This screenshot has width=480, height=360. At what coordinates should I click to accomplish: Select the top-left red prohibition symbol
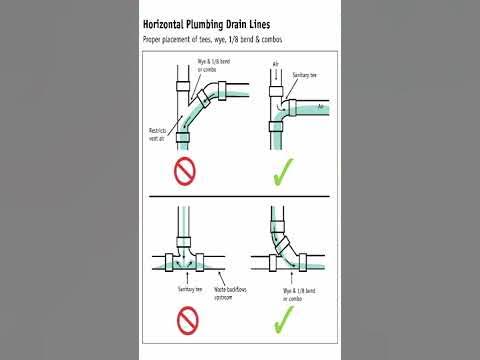click(187, 172)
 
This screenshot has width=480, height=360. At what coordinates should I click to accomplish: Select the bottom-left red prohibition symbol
click(187, 320)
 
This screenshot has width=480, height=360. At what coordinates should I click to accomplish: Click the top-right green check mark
click(285, 172)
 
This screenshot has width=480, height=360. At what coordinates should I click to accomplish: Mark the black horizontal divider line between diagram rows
click(240, 198)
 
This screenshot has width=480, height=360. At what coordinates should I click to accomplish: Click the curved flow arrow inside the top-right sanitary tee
click(287, 105)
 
